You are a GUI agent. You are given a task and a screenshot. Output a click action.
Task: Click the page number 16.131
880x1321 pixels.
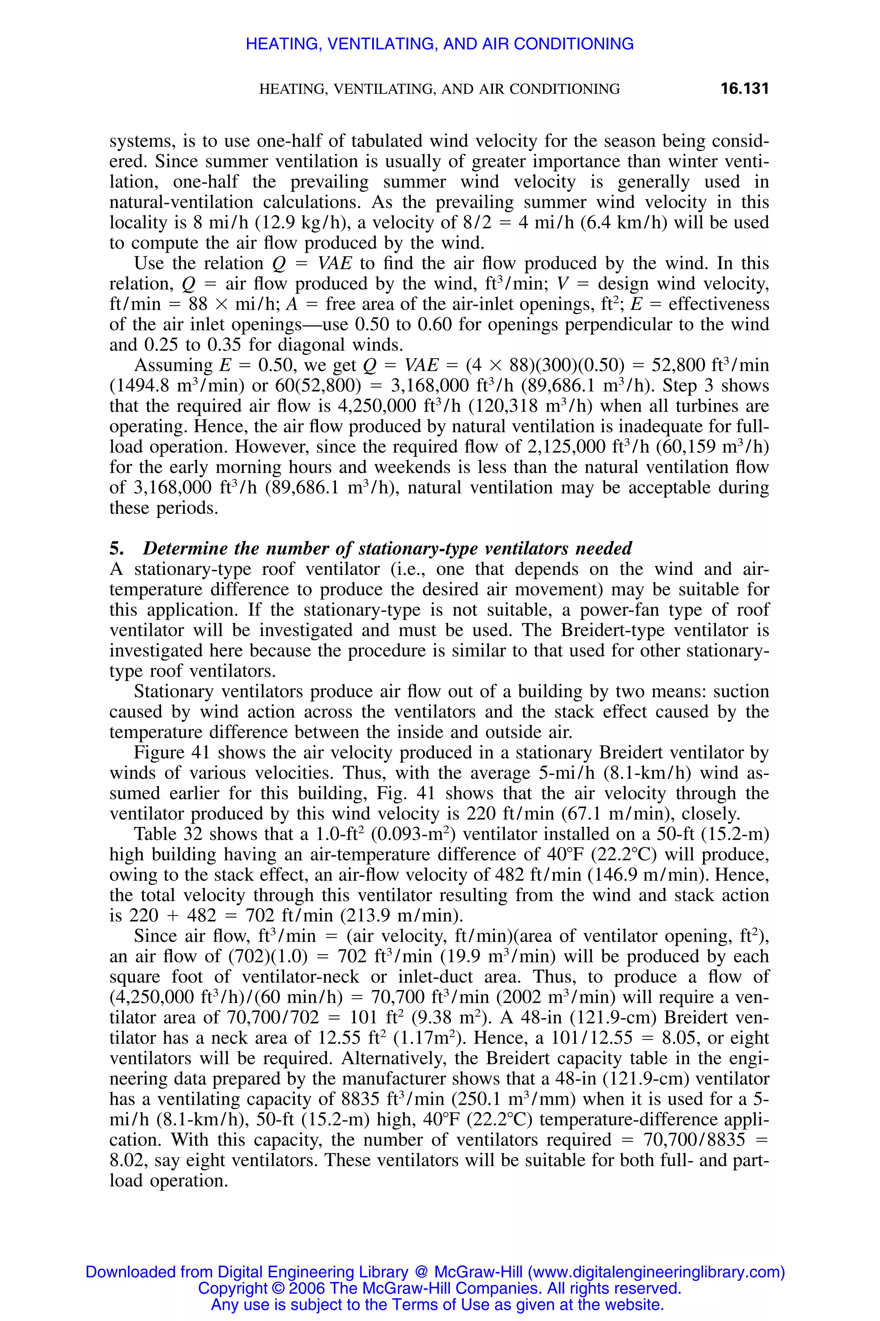744,88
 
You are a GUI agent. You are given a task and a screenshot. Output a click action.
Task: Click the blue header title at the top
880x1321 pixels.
440,44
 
